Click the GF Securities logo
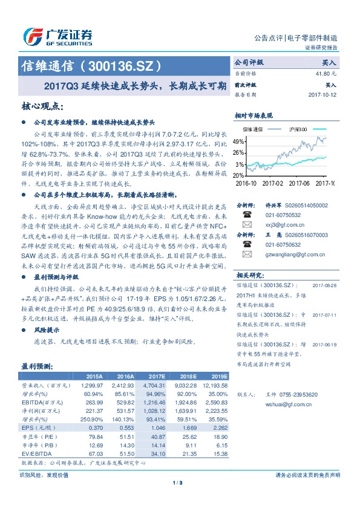click(57, 36)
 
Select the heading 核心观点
click(42, 106)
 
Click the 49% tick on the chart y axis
click(240, 140)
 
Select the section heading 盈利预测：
click(38, 366)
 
